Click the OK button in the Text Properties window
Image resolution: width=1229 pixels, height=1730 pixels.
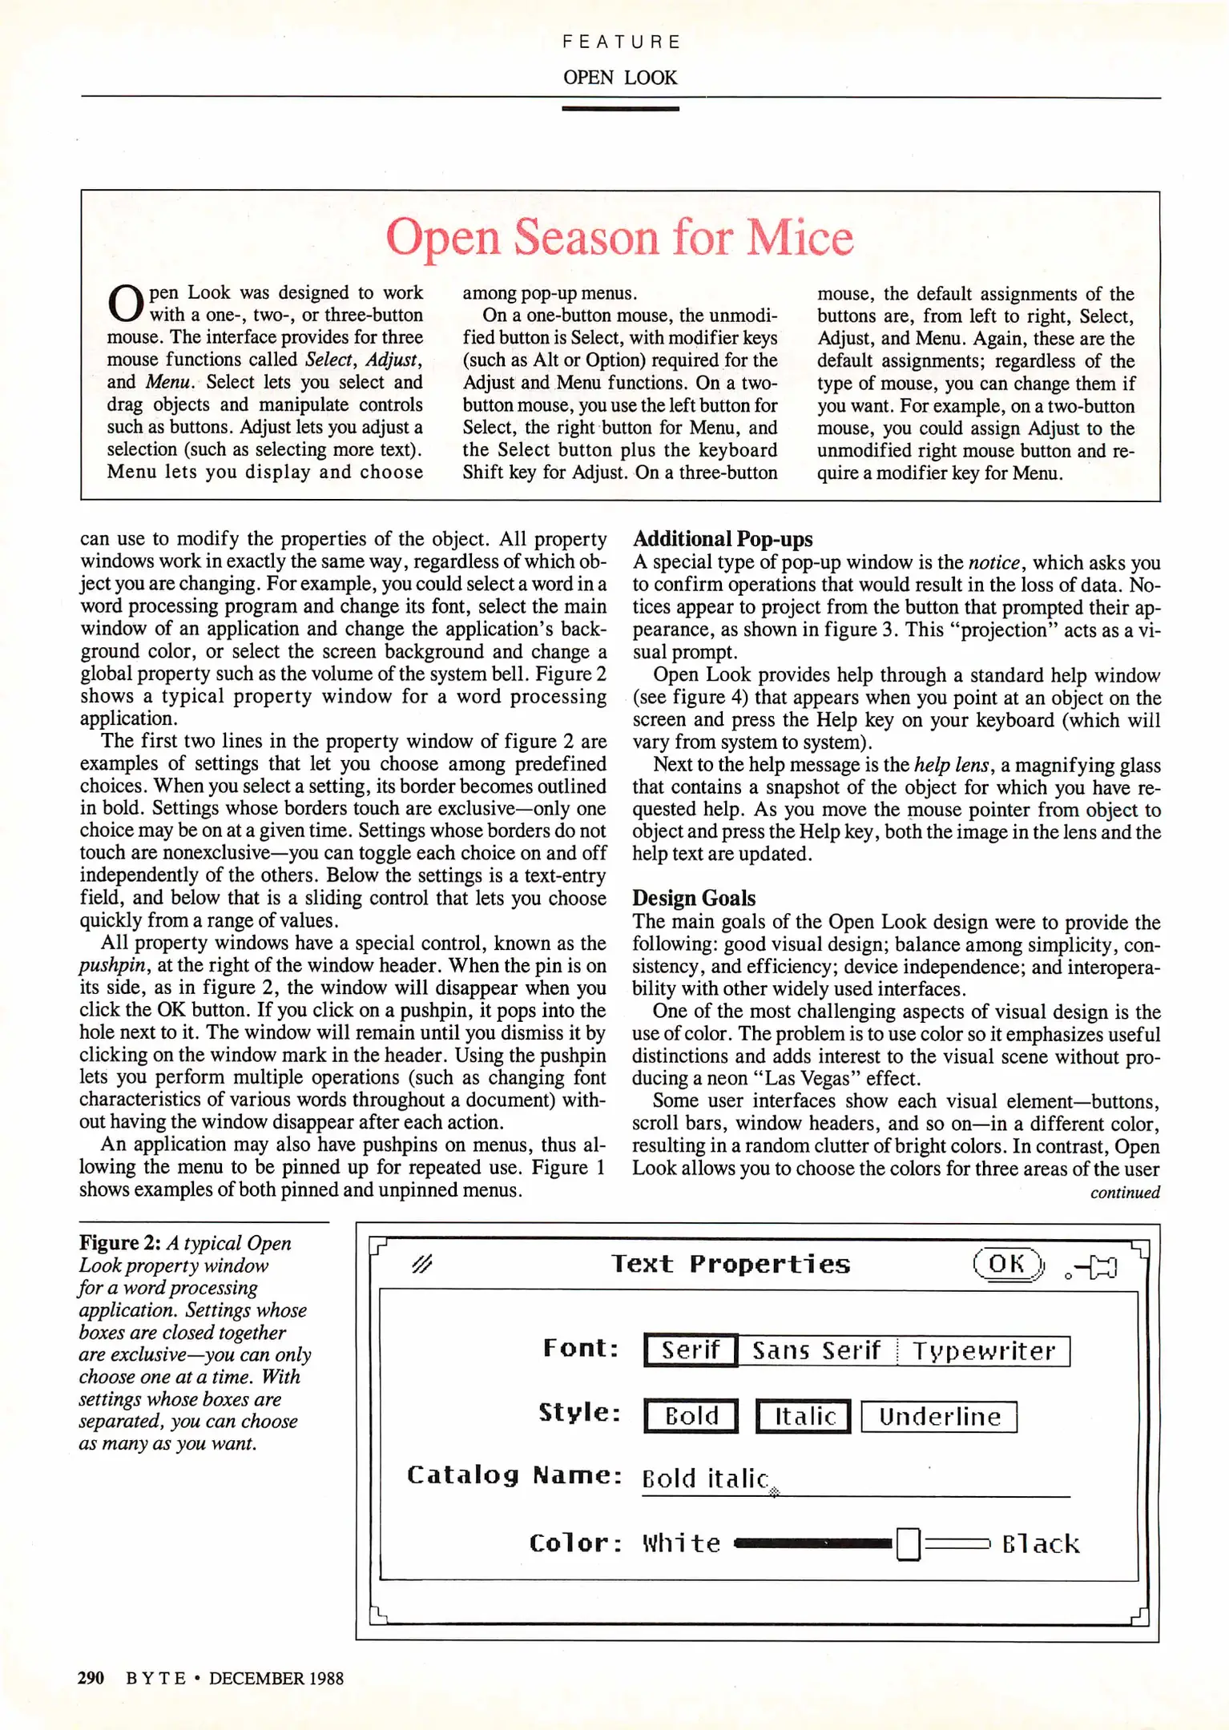[1007, 1265]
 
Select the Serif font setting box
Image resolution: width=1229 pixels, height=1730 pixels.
[690, 1350]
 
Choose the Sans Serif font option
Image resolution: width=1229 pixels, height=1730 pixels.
[816, 1351]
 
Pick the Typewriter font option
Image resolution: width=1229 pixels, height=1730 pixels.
[983, 1351]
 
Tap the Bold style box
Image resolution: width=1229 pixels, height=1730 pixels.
[691, 1416]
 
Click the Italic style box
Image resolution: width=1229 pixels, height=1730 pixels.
[804, 1416]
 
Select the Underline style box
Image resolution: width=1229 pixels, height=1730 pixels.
[939, 1416]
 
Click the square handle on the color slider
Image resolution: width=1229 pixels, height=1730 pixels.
[907, 1543]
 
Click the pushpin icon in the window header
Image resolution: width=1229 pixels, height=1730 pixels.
[1094, 1267]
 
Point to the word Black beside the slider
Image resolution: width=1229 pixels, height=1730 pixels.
[1040, 1543]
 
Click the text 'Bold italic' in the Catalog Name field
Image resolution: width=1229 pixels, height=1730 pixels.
[705, 1479]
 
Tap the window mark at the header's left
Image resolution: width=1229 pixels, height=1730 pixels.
[421, 1264]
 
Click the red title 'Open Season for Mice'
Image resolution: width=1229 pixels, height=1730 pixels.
[619, 237]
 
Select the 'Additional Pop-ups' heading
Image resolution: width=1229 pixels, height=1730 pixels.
[723, 539]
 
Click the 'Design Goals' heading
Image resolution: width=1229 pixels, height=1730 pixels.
[694, 898]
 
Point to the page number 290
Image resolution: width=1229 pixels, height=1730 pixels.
[91, 1678]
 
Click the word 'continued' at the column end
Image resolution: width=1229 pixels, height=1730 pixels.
[1125, 1193]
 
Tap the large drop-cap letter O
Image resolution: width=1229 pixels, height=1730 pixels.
[125, 303]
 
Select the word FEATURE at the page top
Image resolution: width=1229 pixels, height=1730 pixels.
[621, 42]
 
